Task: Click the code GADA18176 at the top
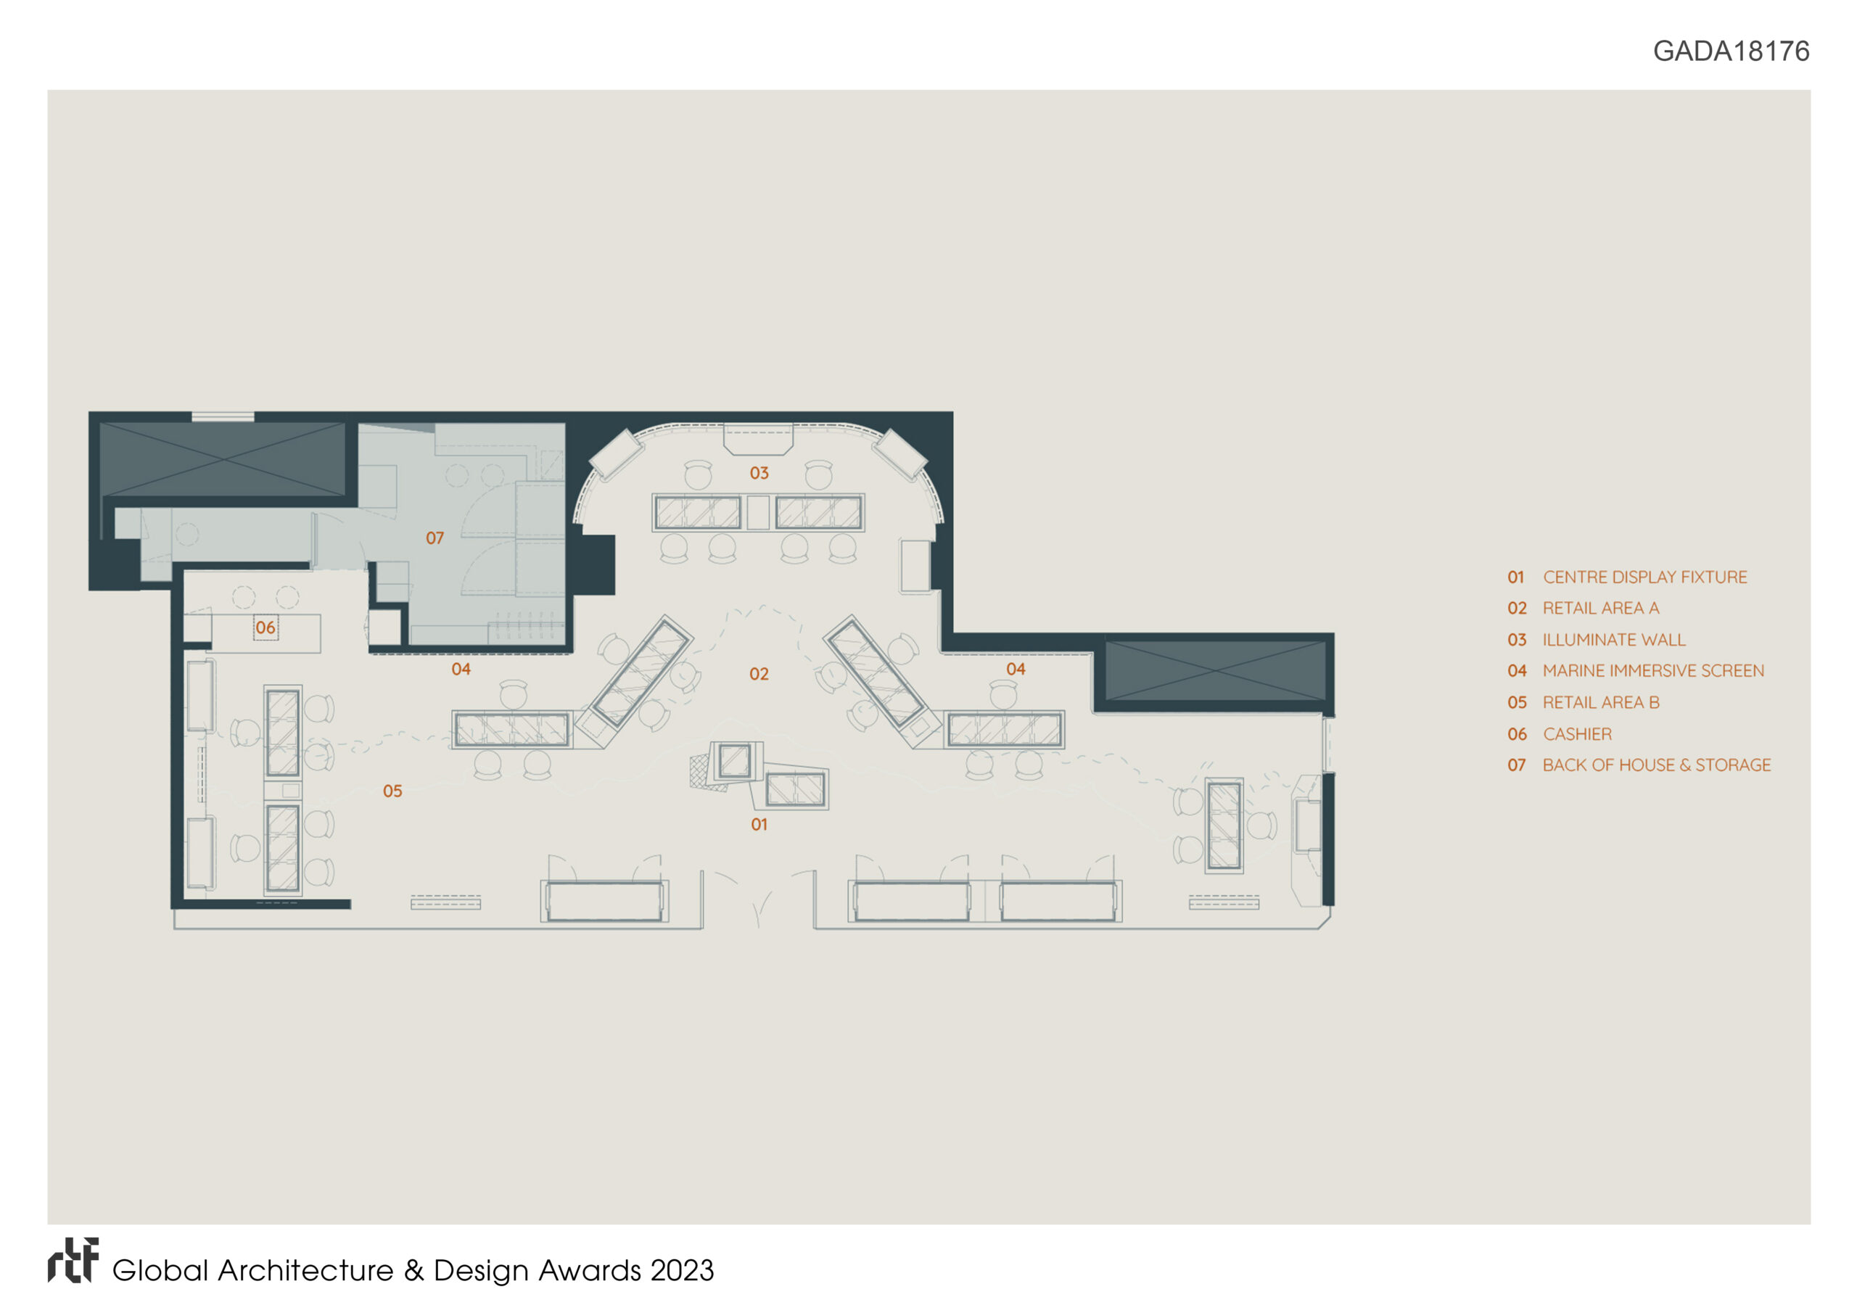coord(1731,51)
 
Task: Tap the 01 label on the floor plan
coord(759,824)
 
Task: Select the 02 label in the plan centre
coord(759,674)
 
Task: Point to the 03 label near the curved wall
coord(759,473)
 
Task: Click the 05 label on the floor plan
coord(392,791)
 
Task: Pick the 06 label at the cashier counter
coord(265,627)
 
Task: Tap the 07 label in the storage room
coord(435,538)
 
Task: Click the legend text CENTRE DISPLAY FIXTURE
coord(1645,577)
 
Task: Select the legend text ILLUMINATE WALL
coord(1615,640)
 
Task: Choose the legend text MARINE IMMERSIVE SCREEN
coord(1653,671)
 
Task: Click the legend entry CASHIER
coord(1577,734)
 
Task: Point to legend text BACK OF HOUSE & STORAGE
coord(1656,765)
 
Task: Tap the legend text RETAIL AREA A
coord(1601,608)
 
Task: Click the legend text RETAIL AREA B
coord(1601,702)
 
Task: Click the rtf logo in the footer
coord(73,1261)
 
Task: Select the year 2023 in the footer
coord(682,1271)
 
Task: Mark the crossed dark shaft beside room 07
coord(222,458)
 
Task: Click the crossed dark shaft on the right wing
coord(1215,671)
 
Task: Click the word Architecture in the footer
coord(305,1271)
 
